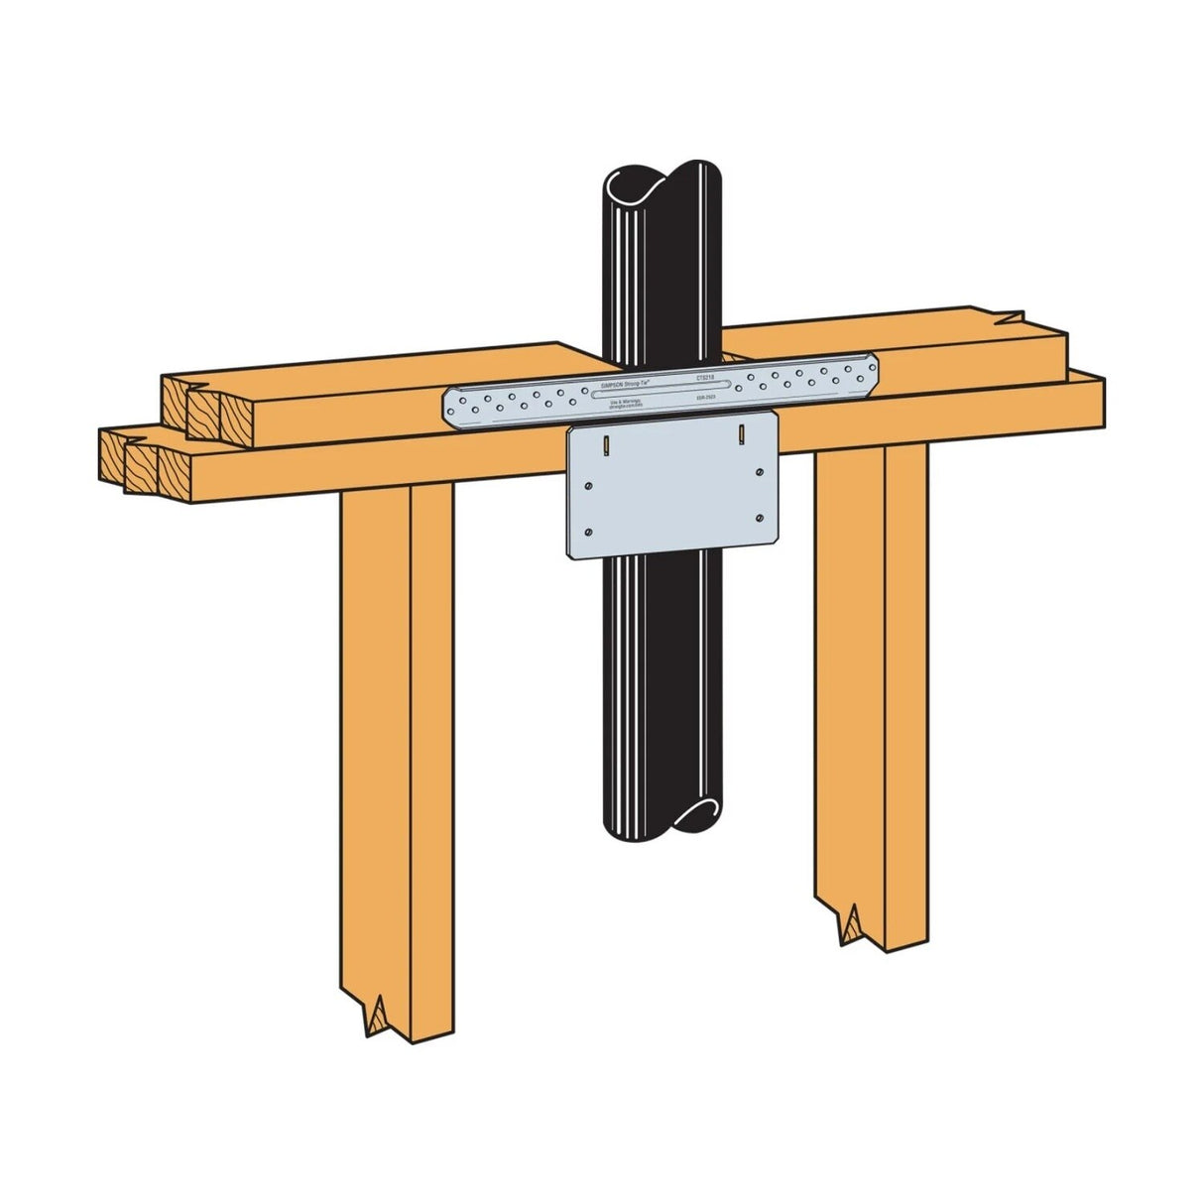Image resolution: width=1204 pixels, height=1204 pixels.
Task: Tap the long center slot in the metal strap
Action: click(661, 389)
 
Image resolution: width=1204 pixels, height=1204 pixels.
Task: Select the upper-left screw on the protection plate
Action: click(590, 485)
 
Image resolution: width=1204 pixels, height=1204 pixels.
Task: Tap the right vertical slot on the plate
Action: click(741, 432)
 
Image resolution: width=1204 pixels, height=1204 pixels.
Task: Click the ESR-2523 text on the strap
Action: click(708, 396)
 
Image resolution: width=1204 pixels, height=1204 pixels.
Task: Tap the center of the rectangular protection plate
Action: click(672, 486)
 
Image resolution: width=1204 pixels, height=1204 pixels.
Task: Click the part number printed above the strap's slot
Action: click(705, 378)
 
